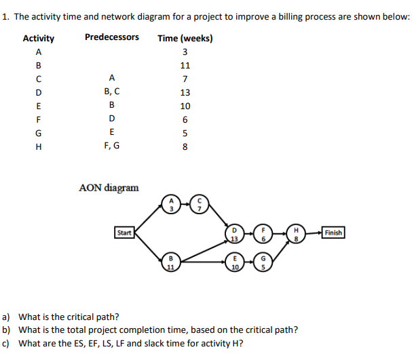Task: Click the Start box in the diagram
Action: coord(124,233)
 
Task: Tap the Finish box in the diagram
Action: coord(333,233)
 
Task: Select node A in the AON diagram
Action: coord(172,204)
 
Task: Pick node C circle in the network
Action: coord(200,204)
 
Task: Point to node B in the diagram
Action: coord(172,262)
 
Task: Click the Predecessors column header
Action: coord(112,37)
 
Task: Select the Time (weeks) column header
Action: coord(185,38)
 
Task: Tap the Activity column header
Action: coord(39,39)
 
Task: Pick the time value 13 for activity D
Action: coord(185,93)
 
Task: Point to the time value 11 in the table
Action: coord(185,66)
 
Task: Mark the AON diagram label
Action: coord(109,187)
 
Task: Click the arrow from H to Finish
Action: coord(314,233)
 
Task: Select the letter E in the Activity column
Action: coord(38,106)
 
